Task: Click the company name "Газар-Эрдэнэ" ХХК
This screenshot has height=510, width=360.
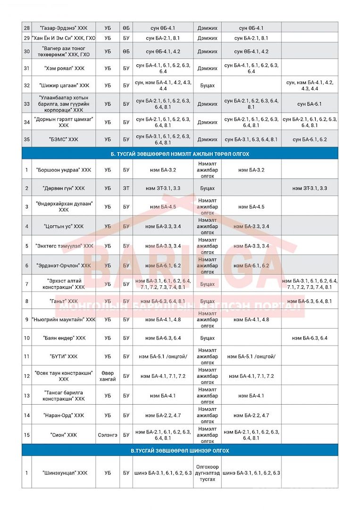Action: point(63,28)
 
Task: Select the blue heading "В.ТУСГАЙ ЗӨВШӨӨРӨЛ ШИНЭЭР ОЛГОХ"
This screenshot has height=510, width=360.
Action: point(180,450)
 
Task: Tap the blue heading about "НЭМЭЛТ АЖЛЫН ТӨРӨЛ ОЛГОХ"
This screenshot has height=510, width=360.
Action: point(180,154)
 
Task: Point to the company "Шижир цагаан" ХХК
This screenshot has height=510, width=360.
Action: point(63,85)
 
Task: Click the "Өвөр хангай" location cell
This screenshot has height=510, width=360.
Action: point(108,376)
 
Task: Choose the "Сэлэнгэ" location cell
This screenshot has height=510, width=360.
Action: point(108,434)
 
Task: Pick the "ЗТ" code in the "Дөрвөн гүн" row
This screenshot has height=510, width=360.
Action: point(126,188)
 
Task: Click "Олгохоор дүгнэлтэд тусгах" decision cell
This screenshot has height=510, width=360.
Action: point(207,473)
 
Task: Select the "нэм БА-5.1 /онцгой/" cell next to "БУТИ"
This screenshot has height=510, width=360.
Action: point(163,356)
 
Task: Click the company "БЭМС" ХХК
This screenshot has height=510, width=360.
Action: point(63,139)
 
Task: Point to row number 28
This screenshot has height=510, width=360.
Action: point(27,28)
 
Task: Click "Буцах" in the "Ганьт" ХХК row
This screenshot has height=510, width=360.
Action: point(207,301)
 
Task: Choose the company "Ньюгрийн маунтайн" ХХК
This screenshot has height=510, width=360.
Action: point(63,320)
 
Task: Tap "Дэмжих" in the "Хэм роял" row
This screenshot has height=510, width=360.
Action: point(207,68)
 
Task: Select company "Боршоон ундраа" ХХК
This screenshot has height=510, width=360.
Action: point(63,170)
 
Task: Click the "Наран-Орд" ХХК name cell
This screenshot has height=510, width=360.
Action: point(63,415)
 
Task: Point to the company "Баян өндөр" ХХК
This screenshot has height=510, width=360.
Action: point(63,338)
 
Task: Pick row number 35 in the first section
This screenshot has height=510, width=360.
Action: point(27,139)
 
